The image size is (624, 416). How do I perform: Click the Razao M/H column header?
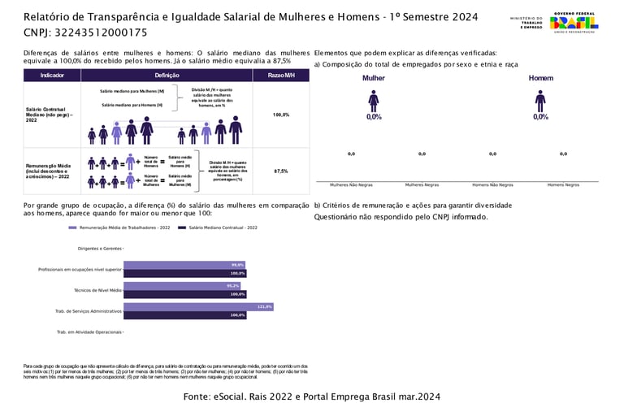pos(281,75)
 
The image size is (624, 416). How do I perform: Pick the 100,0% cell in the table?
pos(281,115)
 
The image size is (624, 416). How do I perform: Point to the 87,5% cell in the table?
pos(281,171)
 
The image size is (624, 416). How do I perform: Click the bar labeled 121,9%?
pos(198,307)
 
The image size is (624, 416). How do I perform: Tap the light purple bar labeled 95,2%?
pos(182,286)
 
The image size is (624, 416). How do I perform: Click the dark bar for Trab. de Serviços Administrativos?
pos(184,314)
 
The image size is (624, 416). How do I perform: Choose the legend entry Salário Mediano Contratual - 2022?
pos(223,228)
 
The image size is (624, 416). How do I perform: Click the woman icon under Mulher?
pos(373,101)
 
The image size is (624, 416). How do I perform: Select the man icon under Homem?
pos(540,101)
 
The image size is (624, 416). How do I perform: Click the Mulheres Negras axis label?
pos(422,185)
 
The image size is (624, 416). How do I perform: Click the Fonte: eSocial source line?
pos(312,396)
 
